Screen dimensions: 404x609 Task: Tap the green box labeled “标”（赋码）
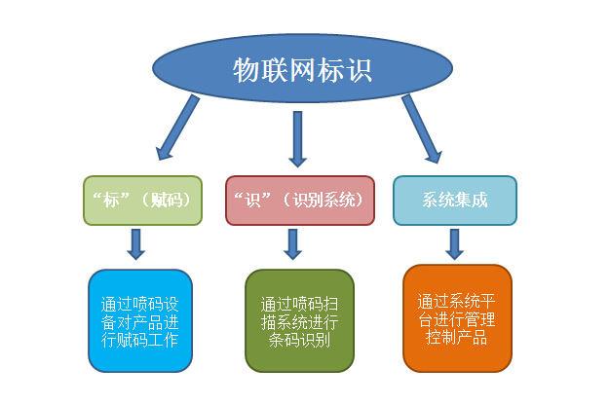tap(142, 200)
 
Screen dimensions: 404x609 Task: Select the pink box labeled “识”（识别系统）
tap(299, 200)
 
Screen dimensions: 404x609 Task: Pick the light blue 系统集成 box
tap(454, 200)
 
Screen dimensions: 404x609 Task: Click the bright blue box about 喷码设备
tap(139, 319)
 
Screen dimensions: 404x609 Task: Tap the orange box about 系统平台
tap(456, 318)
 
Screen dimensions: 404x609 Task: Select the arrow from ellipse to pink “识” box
tap(297, 137)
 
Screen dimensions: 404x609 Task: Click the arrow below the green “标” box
tap(136, 244)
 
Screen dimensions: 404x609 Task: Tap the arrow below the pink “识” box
tap(293, 244)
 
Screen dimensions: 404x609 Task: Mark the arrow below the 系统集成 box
tap(454, 244)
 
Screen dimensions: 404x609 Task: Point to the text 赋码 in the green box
tap(169, 200)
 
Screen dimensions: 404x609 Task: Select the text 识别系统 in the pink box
tap(325, 200)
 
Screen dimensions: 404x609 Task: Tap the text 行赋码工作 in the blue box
tap(139, 341)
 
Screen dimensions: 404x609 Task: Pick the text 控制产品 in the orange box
tap(456, 339)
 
